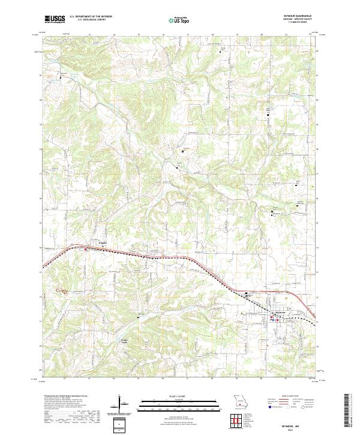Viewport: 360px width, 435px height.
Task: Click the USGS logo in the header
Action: click(x=55, y=19)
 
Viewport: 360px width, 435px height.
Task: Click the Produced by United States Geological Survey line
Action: click(x=65, y=396)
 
